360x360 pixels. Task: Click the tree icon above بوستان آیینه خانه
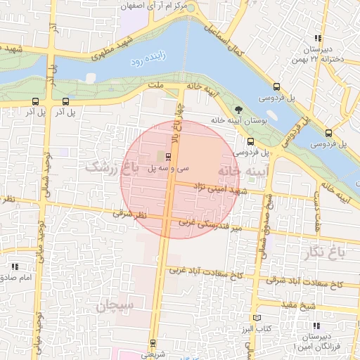coord(238,110)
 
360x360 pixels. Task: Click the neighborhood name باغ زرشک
coord(108,167)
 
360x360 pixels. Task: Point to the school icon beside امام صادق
coord(15,267)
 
